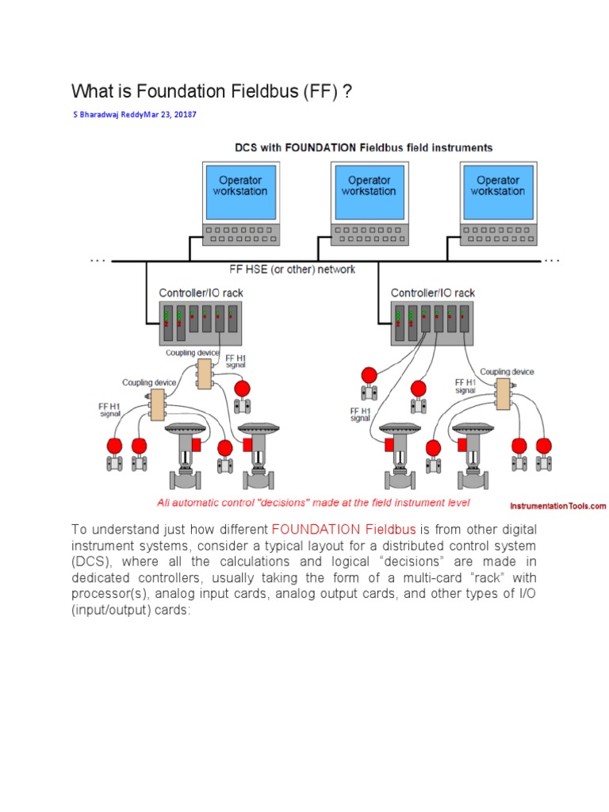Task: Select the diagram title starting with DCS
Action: click(363, 147)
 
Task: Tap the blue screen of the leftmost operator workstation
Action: click(239, 191)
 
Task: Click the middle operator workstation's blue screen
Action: click(369, 191)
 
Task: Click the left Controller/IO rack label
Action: click(201, 293)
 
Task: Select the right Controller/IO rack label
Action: click(433, 293)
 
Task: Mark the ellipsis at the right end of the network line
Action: click(551, 259)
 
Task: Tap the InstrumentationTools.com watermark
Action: click(557, 505)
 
